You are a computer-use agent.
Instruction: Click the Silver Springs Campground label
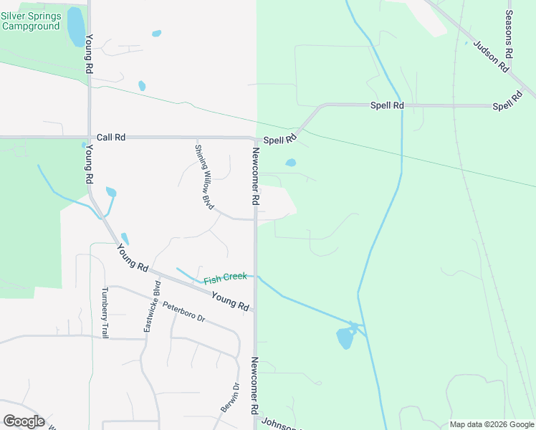click(x=30, y=20)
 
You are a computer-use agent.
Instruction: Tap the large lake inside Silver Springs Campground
click(x=75, y=27)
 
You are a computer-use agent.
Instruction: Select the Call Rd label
click(x=111, y=137)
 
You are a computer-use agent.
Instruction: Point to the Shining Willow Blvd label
click(x=204, y=177)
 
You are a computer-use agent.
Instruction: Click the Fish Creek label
click(x=225, y=277)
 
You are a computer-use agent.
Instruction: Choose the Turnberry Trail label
click(x=105, y=312)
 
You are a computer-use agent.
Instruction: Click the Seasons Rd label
click(x=509, y=34)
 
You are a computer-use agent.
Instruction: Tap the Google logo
click(x=24, y=421)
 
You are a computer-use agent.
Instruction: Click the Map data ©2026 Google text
click(x=492, y=424)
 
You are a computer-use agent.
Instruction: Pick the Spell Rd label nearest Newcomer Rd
click(x=279, y=140)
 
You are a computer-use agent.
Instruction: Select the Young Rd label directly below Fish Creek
click(x=230, y=301)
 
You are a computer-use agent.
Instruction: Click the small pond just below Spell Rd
click(x=290, y=163)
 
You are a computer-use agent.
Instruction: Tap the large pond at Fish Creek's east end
click(x=345, y=338)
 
